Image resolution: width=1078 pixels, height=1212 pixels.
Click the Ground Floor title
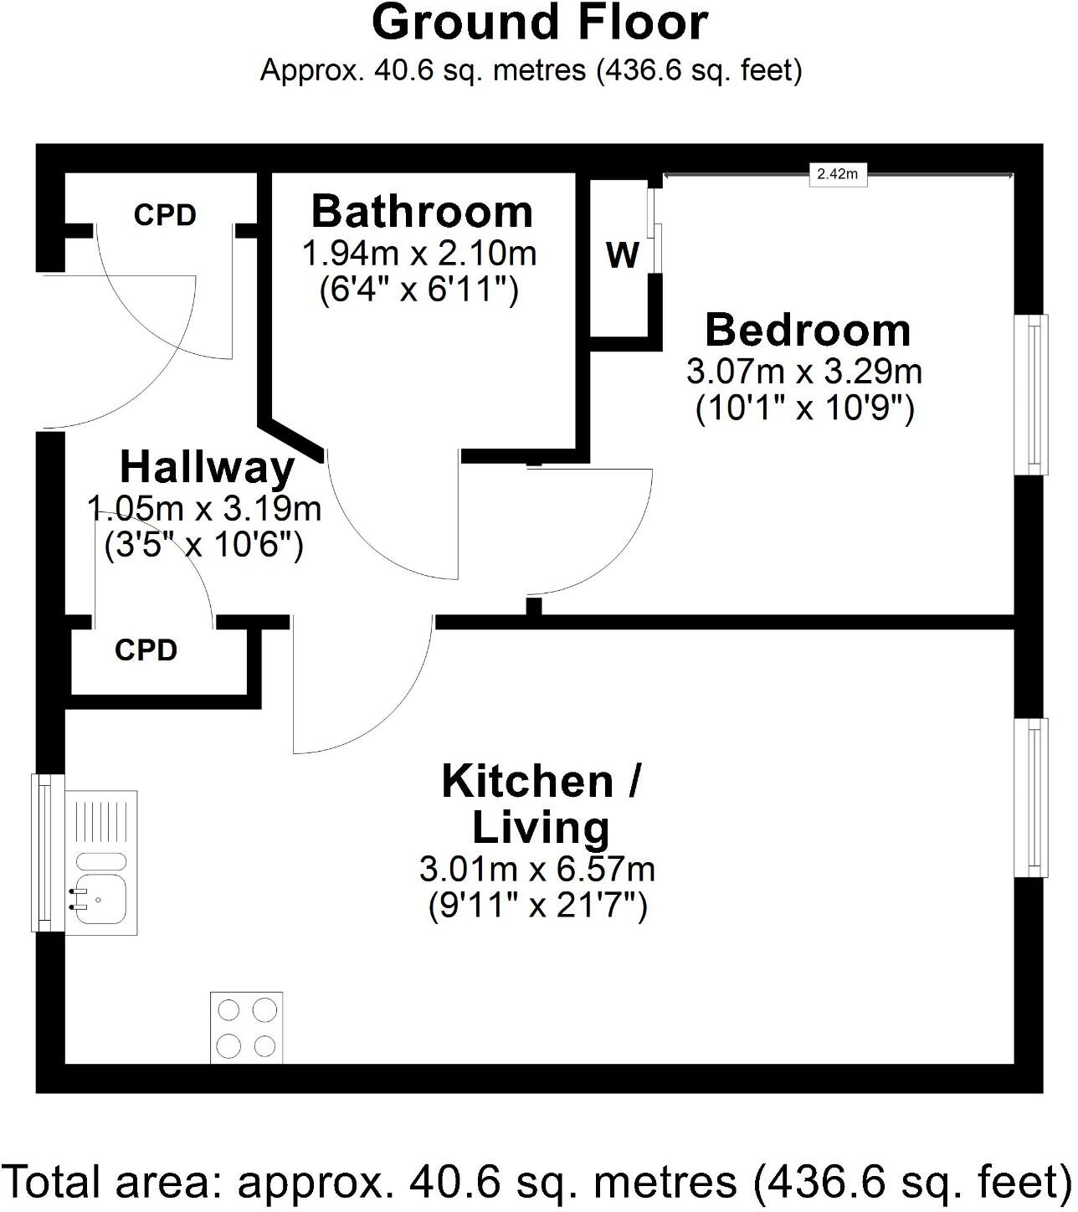tap(540, 23)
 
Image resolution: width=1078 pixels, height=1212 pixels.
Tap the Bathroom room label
tap(422, 211)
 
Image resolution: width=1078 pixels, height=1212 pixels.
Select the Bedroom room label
tap(807, 330)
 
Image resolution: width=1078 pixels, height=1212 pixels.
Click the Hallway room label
tap(207, 467)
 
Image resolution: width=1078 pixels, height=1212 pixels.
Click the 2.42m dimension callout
tap(837, 174)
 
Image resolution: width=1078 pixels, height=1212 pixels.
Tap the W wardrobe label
tap(623, 255)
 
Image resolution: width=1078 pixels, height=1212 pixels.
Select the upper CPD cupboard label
tap(165, 215)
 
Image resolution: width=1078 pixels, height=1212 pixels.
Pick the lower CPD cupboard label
tap(146, 650)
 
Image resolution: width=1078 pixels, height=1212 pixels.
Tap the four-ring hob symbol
tap(246, 1027)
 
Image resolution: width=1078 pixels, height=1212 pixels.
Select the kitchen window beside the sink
tap(47, 852)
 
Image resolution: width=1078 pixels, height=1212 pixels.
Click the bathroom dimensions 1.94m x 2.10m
tap(419, 252)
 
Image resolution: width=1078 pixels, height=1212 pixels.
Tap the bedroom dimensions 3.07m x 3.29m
tap(804, 371)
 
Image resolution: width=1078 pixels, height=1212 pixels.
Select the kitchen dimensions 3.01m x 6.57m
tap(537, 870)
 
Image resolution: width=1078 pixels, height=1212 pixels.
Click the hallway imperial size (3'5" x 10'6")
tap(203, 545)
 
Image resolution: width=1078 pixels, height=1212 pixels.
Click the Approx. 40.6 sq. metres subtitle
tap(531, 69)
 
